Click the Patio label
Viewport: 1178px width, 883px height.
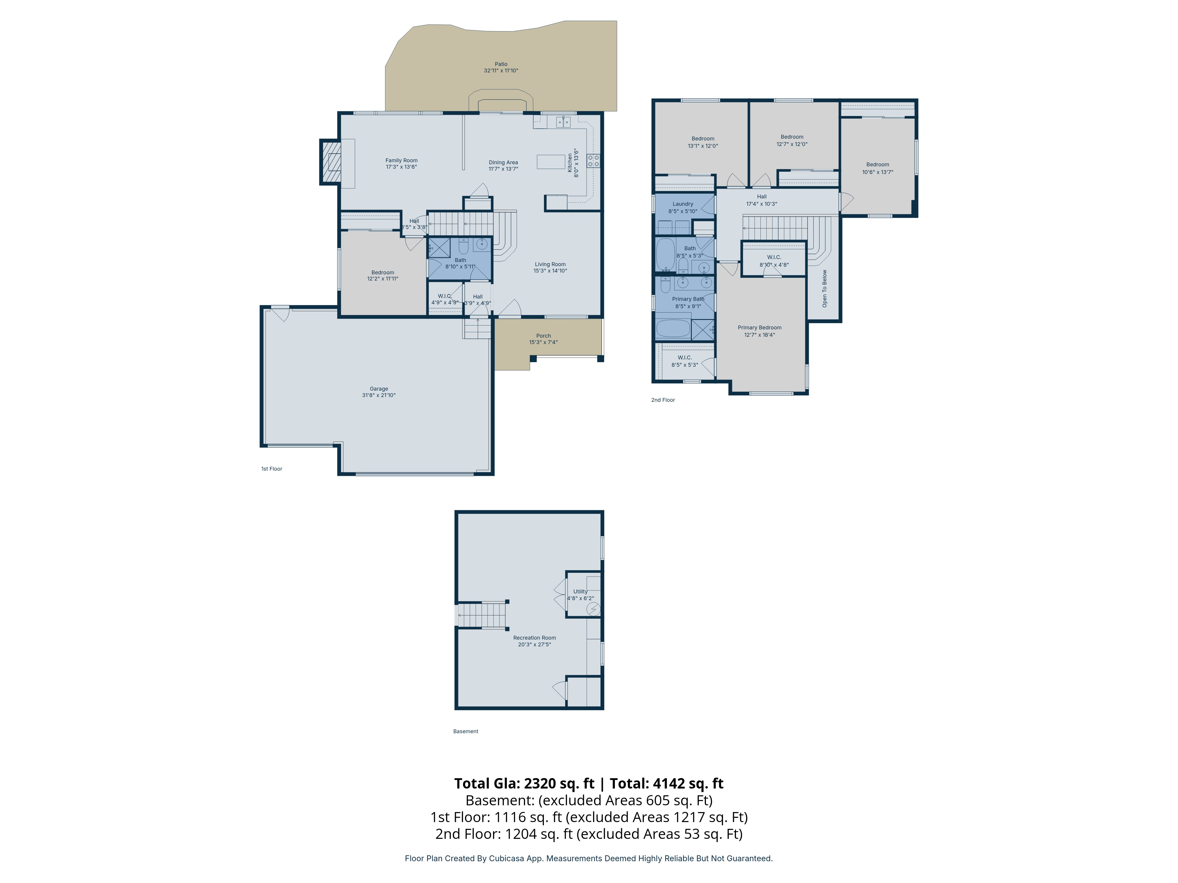tap(501, 64)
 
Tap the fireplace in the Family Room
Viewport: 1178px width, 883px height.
tap(331, 162)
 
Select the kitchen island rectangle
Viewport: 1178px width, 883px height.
tap(551, 161)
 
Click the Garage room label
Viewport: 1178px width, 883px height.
tap(379, 389)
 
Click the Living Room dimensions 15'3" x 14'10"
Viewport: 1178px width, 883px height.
tap(550, 271)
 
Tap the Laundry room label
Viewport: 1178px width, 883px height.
tap(683, 204)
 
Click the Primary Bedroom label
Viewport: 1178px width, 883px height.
tap(760, 327)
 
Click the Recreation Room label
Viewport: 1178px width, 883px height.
tap(534, 638)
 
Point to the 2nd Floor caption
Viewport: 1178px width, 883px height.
tap(663, 400)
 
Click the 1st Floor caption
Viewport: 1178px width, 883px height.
tap(272, 469)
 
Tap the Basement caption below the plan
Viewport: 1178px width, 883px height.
tap(465, 731)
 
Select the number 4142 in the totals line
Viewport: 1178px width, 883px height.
tap(669, 784)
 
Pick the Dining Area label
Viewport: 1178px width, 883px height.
tap(503, 162)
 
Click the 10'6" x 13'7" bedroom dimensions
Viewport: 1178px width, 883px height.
tap(878, 172)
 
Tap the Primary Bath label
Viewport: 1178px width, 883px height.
tap(688, 299)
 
